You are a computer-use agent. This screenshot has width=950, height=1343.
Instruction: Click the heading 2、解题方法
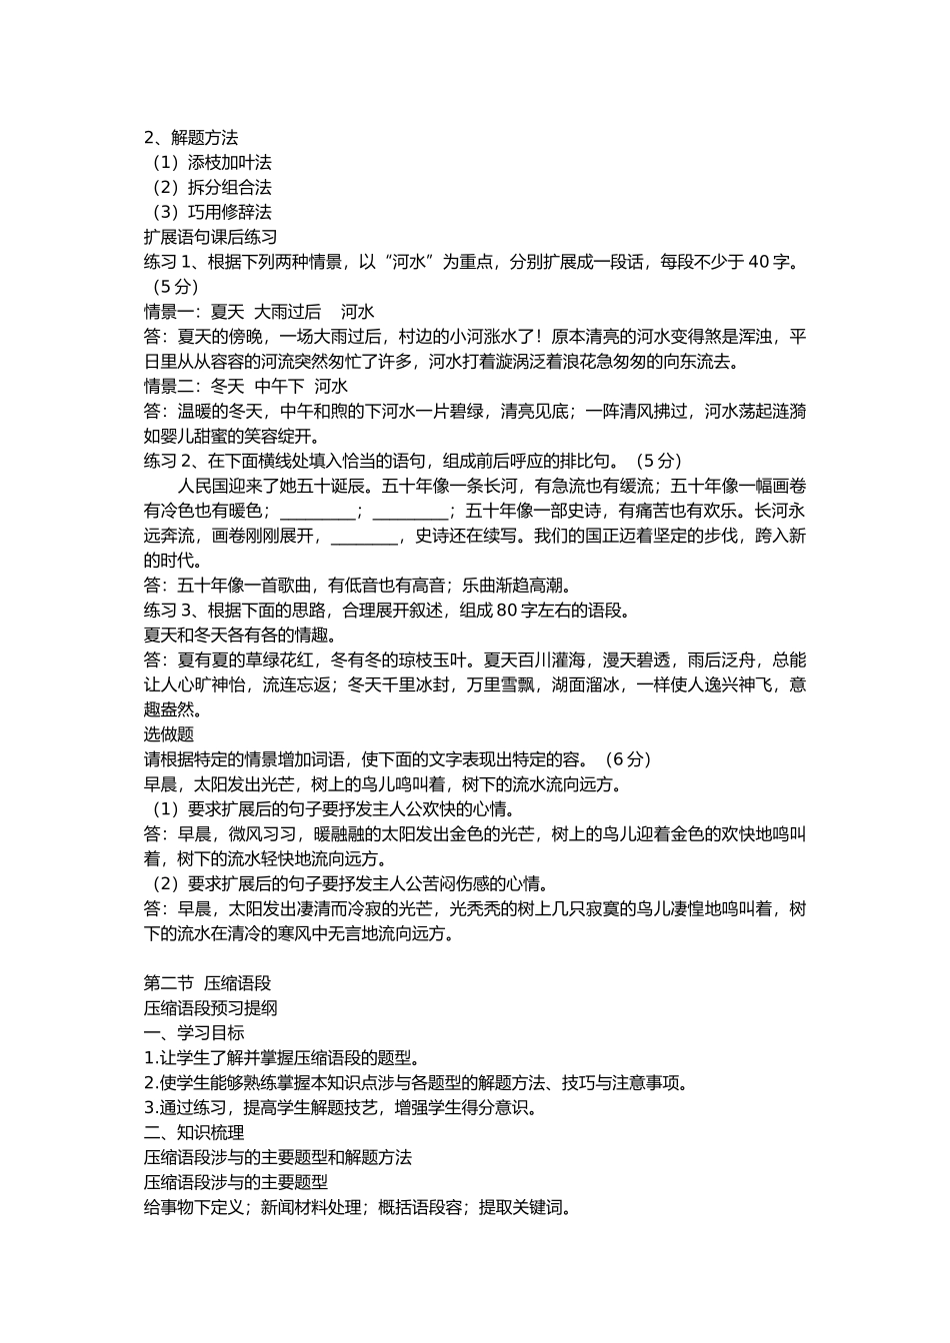(191, 137)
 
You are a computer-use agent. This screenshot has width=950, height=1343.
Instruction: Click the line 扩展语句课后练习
(211, 237)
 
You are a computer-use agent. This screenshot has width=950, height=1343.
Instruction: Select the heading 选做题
(169, 734)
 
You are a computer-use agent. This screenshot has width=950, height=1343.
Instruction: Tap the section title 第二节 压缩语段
(208, 983)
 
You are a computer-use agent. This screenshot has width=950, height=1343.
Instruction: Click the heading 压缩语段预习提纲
(211, 1008)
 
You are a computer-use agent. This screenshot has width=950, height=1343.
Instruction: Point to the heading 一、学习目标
(194, 1033)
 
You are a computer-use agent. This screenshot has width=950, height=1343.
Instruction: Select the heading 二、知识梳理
(194, 1132)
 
